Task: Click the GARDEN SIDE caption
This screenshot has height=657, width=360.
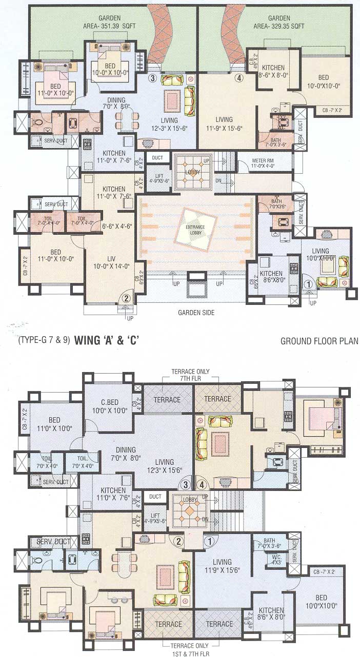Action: pos(196,312)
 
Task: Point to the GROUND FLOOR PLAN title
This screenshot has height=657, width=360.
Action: pos(319,341)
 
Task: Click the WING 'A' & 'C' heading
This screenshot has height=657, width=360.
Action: pos(106,339)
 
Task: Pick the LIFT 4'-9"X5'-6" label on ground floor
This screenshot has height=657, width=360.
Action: pos(159,178)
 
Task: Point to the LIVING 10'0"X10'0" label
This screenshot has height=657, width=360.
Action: pos(321,255)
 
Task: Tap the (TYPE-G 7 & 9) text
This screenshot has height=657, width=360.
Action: pos(44,340)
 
